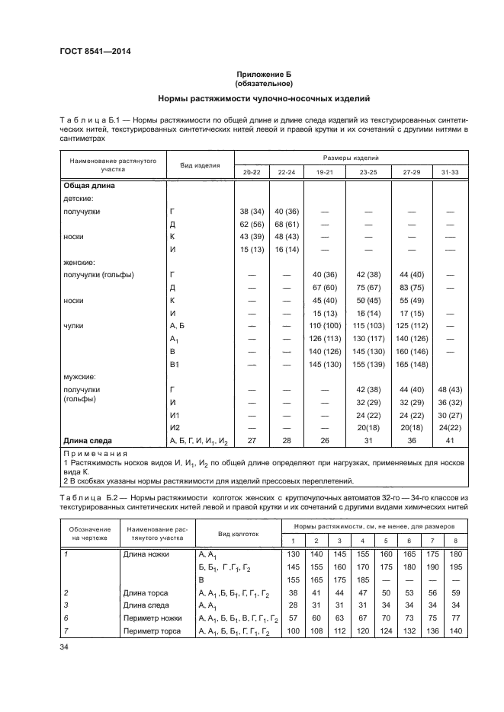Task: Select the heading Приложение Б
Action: (x=264, y=74)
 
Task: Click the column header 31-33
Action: (x=449, y=173)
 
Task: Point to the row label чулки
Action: (x=74, y=325)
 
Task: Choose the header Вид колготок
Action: (x=239, y=534)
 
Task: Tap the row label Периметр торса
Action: (x=151, y=631)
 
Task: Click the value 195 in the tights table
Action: (x=456, y=567)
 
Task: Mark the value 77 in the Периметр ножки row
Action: (x=456, y=618)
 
